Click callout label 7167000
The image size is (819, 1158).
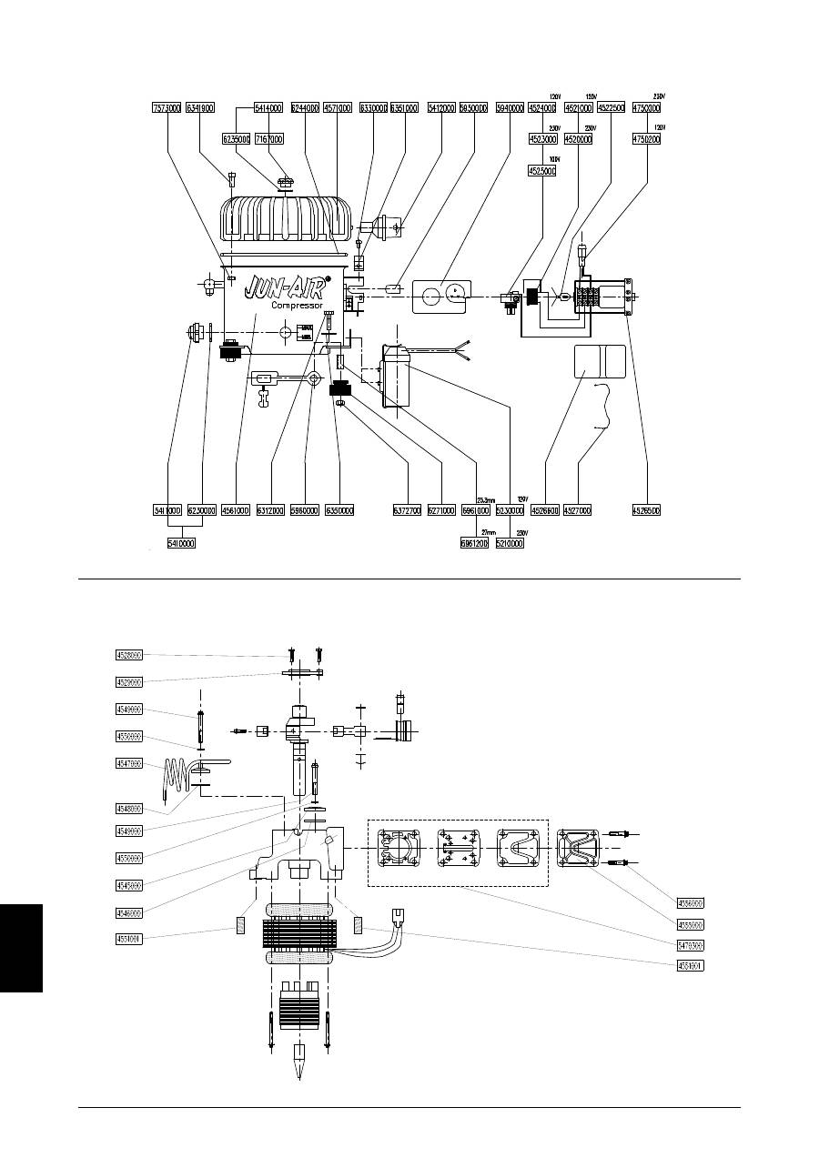(x=268, y=139)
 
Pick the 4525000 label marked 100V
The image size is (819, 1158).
(x=544, y=170)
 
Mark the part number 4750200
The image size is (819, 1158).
(x=646, y=139)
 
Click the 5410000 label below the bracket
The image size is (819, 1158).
(x=180, y=543)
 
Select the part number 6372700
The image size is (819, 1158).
(x=407, y=511)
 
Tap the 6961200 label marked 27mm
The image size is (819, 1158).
(x=475, y=543)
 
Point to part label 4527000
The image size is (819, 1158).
(x=578, y=511)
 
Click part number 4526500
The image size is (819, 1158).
(x=645, y=511)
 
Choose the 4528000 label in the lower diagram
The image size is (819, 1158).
(x=128, y=654)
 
